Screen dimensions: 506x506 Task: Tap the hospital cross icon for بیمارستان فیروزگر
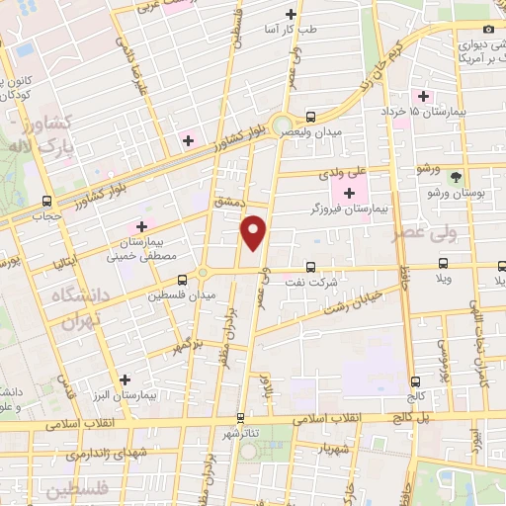click(x=350, y=191)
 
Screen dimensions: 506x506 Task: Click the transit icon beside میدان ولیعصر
click(x=311, y=116)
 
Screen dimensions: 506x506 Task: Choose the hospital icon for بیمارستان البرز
click(x=125, y=379)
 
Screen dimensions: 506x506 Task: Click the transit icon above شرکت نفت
click(x=311, y=267)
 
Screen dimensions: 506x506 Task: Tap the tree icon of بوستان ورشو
click(x=455, y=177)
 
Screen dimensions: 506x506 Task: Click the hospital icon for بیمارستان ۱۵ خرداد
click(x=424, y=96)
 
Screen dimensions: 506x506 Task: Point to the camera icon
click(x=487, y=30)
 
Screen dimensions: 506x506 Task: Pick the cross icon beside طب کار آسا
click(x=291, y=14)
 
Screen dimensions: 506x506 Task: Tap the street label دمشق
click(x=226, y=202)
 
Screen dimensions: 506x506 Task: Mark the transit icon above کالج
click(x=416, y=380)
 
